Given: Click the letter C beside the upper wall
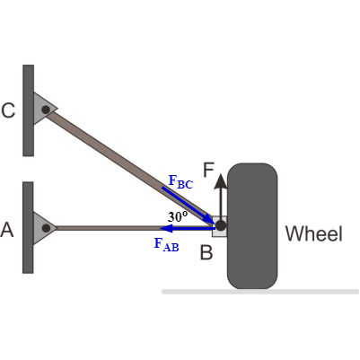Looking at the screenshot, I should pos(8,110).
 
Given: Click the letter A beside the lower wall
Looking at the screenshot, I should pos(8,231).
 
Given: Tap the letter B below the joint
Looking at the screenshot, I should pos(206,252).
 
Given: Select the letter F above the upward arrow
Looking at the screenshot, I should pos(209,171).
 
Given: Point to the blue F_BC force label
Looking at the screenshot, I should pos(180,182).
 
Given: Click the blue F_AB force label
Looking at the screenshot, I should pos(167,243).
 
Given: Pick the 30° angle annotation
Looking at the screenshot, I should pos(177,216).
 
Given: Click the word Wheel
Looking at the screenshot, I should pos(313,234).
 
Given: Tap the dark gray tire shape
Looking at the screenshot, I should pos(251,224).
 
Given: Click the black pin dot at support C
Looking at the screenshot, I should pos(44,109).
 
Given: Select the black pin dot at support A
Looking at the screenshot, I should pos(44,227).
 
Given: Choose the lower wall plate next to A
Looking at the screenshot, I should pos(29,227).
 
